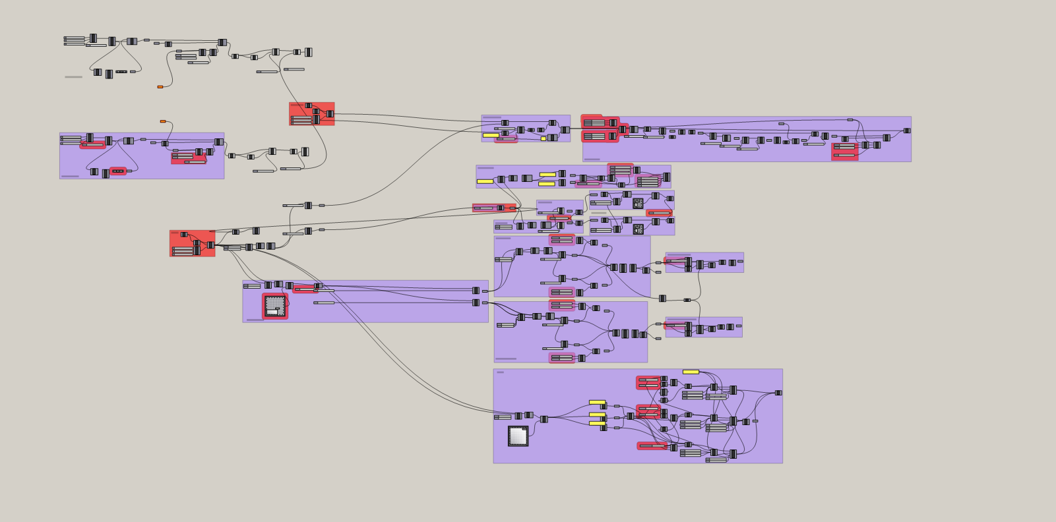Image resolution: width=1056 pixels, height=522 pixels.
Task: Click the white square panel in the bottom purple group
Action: (x=518, y=436)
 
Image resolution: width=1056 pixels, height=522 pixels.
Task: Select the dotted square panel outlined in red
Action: (x=275, y=306)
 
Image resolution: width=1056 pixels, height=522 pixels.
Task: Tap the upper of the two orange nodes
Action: (x=160, y=86)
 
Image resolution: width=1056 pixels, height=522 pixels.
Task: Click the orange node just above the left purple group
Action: (x=163, y=121)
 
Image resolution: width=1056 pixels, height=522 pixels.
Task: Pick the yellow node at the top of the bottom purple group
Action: (x=691, y=372)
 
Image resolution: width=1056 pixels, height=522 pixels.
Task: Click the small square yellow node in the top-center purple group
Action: (x=544, y=138)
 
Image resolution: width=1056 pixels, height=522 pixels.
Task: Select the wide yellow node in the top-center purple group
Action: (x=491, y=135)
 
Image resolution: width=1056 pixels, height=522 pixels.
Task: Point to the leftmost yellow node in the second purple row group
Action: (x=485, y=181)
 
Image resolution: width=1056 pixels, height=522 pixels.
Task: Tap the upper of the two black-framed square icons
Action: (x=638, y=204)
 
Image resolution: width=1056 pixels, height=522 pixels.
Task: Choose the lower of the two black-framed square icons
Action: (x=638, y=229)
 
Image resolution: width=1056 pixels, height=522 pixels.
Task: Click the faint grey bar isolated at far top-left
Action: (x=73, y=77)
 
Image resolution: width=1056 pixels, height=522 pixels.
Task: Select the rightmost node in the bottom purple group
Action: (x=778, y=393)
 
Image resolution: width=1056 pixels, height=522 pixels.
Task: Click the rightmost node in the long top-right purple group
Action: (x=907, y=130)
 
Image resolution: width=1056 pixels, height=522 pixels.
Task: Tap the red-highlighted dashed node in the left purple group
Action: (x=118, y=171)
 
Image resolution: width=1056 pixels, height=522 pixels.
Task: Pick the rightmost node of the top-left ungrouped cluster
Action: (x=308, y=52)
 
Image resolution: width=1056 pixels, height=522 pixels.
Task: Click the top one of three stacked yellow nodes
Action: (x=597, y=402)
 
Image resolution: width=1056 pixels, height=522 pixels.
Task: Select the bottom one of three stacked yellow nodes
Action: (x=597, y=423)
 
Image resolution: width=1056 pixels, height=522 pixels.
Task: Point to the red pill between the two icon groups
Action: (x=659, y=213)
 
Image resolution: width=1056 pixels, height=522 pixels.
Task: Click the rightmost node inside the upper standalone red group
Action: (x=330, y=114)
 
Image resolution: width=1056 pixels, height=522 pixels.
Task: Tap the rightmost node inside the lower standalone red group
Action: (x=210, y=245)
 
